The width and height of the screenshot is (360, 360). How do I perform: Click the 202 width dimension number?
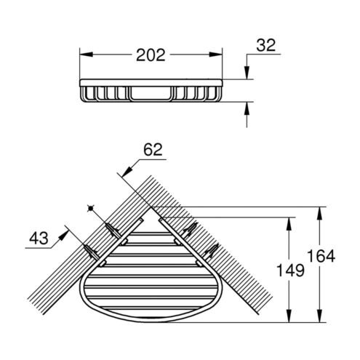click(x=151, y=55)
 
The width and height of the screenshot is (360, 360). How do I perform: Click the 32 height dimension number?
click(x=266, y=45)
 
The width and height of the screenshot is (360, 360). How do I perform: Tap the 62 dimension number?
click(x=153, y=150)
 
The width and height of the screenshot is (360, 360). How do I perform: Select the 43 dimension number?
click(x=39, y=238)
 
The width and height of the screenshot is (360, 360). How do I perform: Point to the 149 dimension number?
click(x=290, y=271)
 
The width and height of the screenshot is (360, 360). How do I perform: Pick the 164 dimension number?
click(x=321, y=256)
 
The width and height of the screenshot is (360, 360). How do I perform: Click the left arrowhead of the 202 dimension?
click(x=86, y=55)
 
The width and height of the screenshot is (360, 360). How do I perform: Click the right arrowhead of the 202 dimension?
click(x=216, y=55)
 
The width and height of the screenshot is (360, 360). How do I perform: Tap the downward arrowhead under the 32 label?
click(x=247, y=73)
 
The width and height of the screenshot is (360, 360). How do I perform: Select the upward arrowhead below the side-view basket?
click(x=247, y=108)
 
